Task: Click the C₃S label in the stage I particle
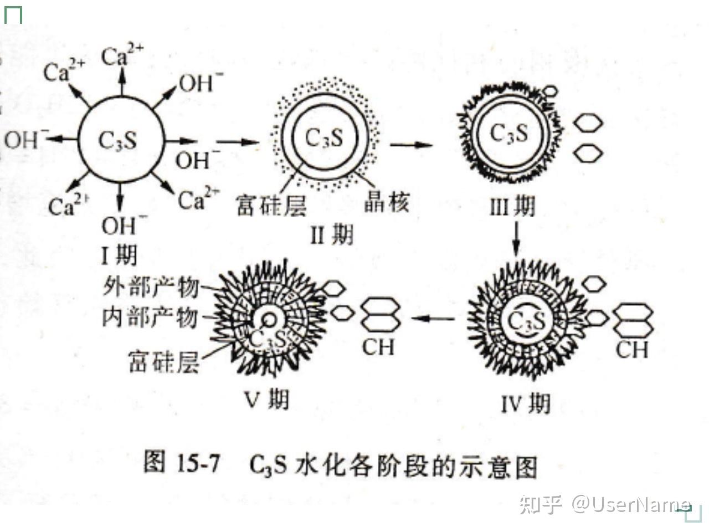point(117,140)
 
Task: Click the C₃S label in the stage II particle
point(324,137)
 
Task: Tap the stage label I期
point(119,255)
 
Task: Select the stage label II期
point(331,236)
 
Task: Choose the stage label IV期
point(526,403)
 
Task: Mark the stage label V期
point(266,399)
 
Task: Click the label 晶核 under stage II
point(387,203)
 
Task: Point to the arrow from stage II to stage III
point(410,145)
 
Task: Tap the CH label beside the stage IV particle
point(632,350)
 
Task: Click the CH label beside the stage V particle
point(378,347)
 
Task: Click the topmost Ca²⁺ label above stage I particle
point(122,56)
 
